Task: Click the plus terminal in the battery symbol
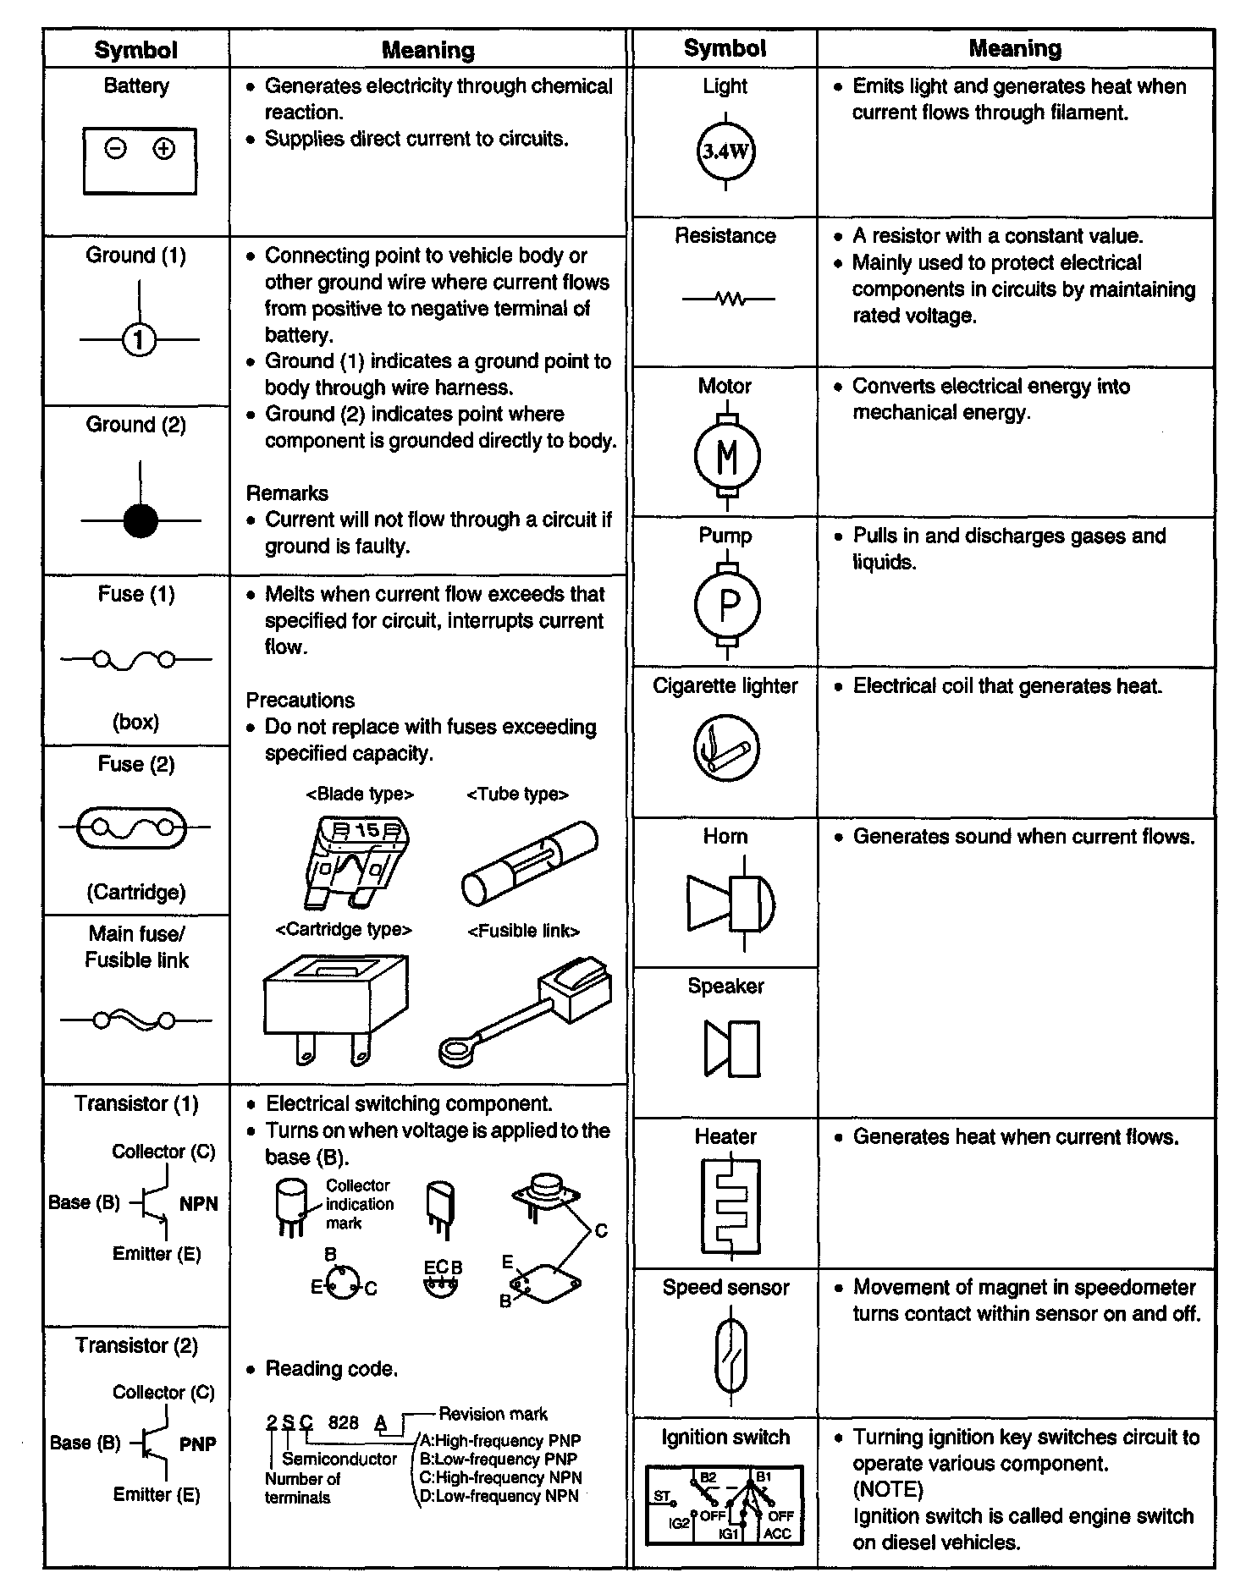click(163, 149)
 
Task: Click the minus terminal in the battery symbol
click(116, 149)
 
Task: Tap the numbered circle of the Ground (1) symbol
click(140, 340)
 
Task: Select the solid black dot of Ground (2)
click(141, 520)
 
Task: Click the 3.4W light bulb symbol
click(725, 152)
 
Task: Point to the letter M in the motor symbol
click(727, 457)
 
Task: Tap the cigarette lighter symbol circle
click(726, 749)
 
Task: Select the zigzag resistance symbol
click(729, 299)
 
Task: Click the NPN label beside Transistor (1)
click(199, 1204)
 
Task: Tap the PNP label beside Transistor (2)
click(198, 1444)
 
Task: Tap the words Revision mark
click(493, 1414)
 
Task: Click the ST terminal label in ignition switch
click(662, 1496)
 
